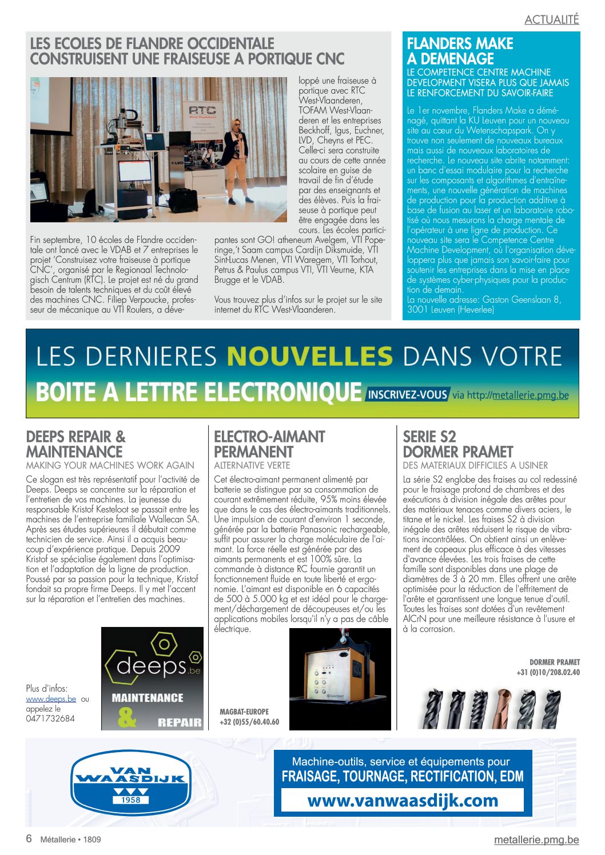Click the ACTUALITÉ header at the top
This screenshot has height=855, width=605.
point(551,19)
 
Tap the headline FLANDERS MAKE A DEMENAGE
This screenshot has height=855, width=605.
point(460,51)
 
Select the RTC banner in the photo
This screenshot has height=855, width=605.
point(202,111)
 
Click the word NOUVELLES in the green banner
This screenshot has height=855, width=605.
point(309,356)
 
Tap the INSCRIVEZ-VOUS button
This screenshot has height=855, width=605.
point(407,394)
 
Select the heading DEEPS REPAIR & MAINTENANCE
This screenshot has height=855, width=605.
point(75,444)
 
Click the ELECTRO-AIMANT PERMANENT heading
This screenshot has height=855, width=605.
point(269,444)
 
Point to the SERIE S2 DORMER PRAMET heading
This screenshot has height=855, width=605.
point(457,444)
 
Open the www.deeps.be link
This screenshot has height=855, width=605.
point(51,698)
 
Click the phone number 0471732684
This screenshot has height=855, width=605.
point(50,718)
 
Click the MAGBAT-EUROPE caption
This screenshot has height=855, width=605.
point(244,712)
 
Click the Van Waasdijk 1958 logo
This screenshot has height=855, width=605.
point(131,782)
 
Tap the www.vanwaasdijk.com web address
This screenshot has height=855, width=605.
point(403,800)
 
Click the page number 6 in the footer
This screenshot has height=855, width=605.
point(29,838)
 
